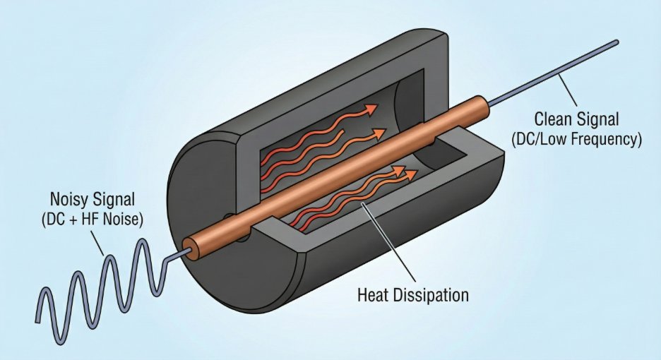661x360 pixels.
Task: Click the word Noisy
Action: [69, 199]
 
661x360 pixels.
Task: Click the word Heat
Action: [373, 294]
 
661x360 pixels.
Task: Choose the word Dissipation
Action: [431, 295]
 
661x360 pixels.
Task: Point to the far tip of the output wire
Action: [617, 42]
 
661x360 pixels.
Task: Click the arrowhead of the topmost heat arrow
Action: [371, 109]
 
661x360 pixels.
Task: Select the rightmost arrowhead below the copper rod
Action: [411, 174]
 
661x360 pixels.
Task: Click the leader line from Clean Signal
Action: [567, 90]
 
